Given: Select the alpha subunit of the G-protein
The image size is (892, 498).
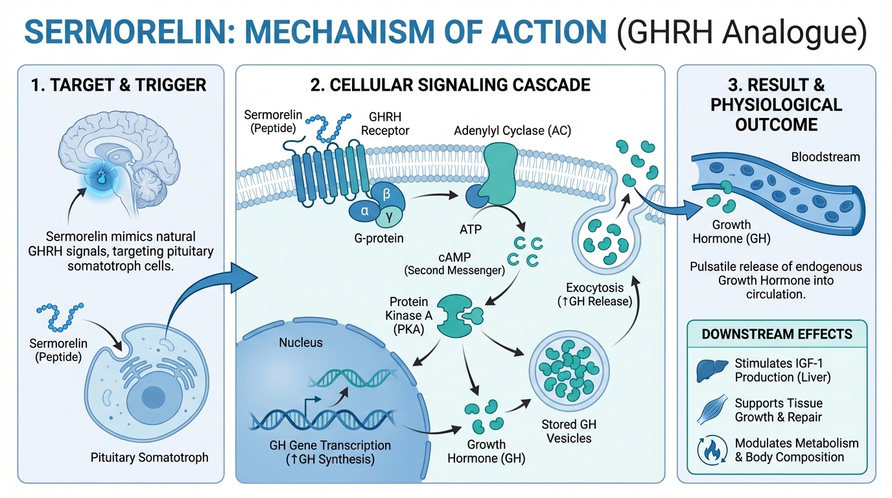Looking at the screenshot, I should pos(363,210).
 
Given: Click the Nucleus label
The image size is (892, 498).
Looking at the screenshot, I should pos(301,342).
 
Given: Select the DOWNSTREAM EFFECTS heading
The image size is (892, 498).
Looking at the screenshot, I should pos(777,335).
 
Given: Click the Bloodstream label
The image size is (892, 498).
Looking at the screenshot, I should pos(825,157).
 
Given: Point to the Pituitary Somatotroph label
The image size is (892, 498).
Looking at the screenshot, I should pos(150,458).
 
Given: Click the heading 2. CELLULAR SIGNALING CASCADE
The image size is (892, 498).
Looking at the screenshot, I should pos(449,84).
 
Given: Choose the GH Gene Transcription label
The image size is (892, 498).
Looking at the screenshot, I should pos(330,445).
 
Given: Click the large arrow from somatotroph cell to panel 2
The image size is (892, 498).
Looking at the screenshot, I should pos(207,285).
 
